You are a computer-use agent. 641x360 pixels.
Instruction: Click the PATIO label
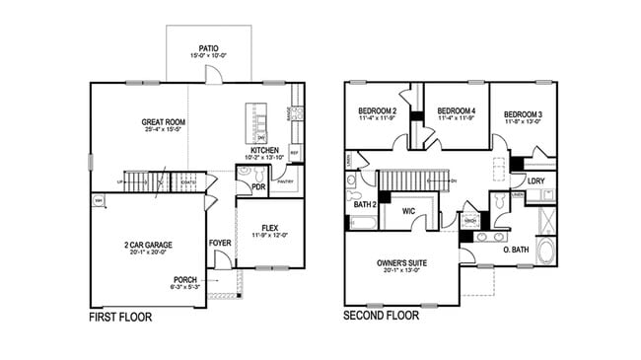click(x=208, y=46)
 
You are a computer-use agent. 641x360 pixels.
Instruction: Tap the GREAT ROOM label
click(x=164, y=122)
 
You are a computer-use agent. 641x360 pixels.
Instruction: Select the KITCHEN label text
click(x=263, y=151)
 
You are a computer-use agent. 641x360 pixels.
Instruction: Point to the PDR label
click(x=258, y=185)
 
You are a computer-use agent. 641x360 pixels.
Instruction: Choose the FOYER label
click(x=220, y=242)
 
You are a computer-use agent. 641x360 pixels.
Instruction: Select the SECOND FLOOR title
click(x=381, y=317)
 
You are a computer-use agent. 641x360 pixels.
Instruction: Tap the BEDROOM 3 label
click(x=524, y=114)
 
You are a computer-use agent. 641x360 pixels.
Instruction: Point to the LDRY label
click(x=537, y=180)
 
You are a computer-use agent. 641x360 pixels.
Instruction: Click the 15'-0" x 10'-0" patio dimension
click(x=208, y=55)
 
